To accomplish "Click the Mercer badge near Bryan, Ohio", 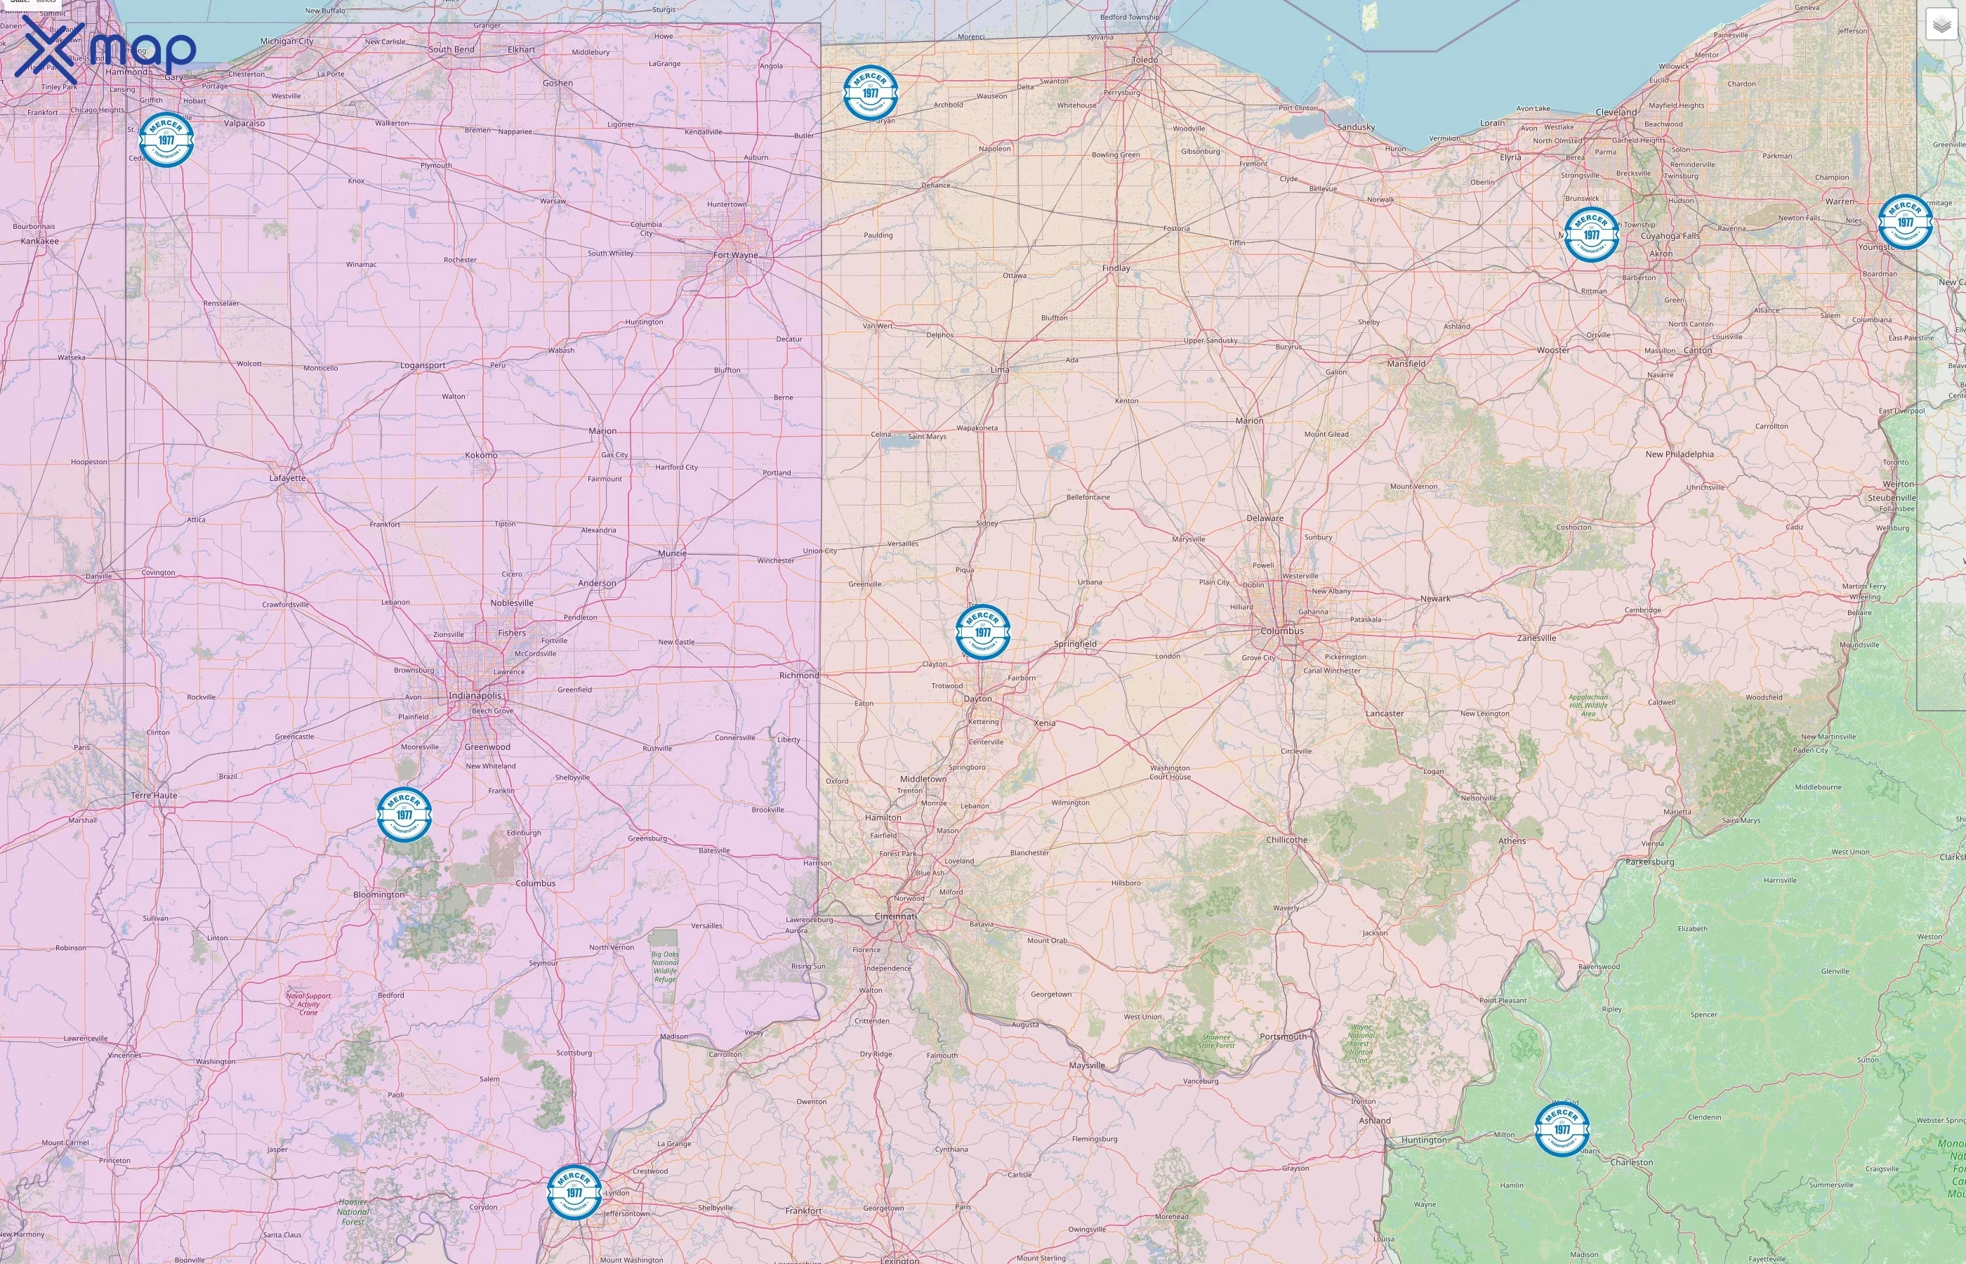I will pyautogui.click(x=870, y=93).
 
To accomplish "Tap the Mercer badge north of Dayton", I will pyautogui.click(x=982, y=632).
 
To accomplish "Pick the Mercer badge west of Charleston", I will pyautogui.click(x=1562, y=1128).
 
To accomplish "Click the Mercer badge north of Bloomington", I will pyautogui.click(x=404, y=814).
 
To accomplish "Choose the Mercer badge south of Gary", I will pyautogui.click(x=166, y=140).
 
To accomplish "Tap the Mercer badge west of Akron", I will pyautogui.click(x=1591, y=235).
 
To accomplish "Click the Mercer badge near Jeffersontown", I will pyautogui.click(x=574, y=1192).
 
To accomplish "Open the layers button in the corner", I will pyautogui.click(x=1941, y=25).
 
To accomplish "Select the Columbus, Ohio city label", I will pyautogui.click(x=1281, y=631).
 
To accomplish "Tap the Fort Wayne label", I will pyautogui.click(x=735, y=256).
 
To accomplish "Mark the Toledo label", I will pyautogui.click(x=1144, y=60).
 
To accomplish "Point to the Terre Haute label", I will pyautogui.click(x=154, y=796).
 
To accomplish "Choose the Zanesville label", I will pyautogui.click(x=1536, y=638).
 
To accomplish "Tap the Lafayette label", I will pyautogui.click(x=287, y=478).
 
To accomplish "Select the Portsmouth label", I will pyautogui.click(x=1283, y=1036).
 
